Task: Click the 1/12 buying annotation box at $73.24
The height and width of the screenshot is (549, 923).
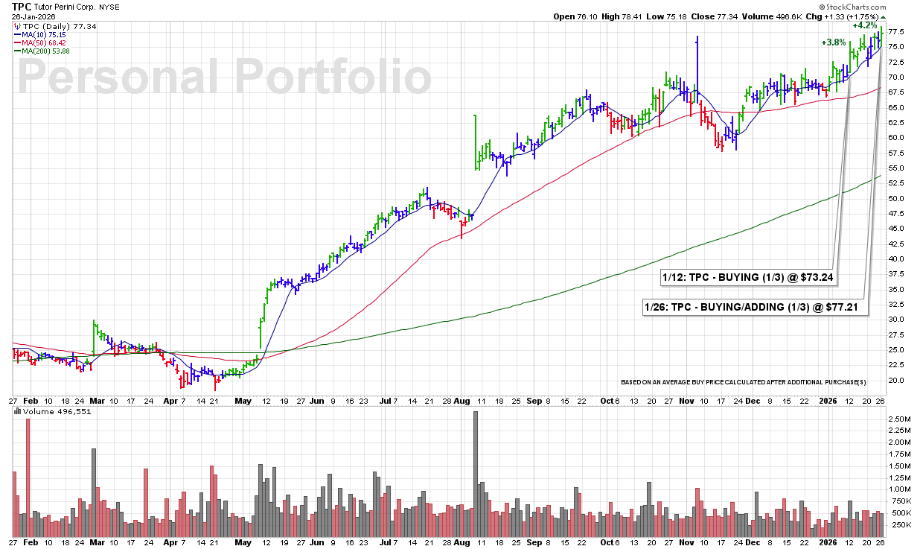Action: pyautogui.click(x=747, y=277)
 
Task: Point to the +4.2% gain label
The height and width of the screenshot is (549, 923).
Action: pyautogui.click(x=863, y=25)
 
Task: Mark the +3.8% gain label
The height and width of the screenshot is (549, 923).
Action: pyautogui.click(x=834, y=42)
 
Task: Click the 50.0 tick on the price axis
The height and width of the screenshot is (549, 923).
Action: pyautogui.click(x=898, y=199)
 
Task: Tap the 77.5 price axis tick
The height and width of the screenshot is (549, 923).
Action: pyautogui.click(x=898, y=32)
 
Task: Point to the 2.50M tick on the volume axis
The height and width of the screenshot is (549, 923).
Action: pyautogui.click(x=898, y=419)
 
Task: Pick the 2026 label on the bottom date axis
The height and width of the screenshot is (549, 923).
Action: pyautogui.click(x=827, y=400)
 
